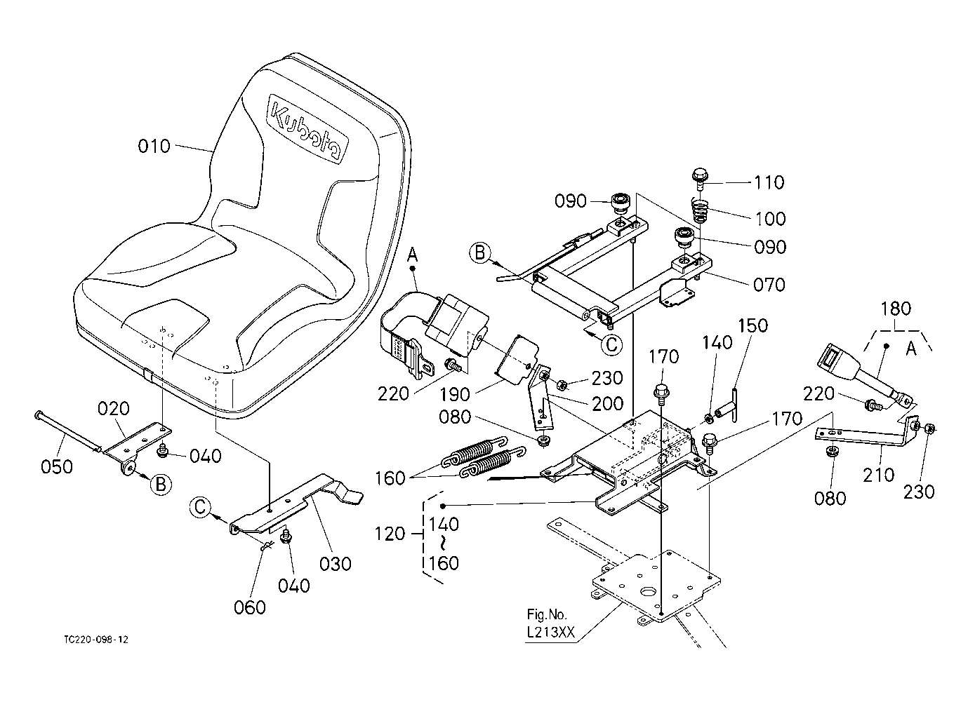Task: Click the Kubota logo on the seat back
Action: pyautogui.click(x=307, y=128)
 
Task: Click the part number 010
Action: pyautogui.click(x=154, y=147)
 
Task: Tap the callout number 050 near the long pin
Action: pyautogui.click(x=57, y=466)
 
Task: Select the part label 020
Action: pyautogui.click(x=113, y=408)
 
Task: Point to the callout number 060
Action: pyautogui.click(x=249, y=607)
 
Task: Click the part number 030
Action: pyautogui.click(x=336, y=564)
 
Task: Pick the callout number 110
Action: pyautogui.click(x=769, y=182)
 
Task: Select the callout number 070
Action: pyautogui.click(x=769, y=285)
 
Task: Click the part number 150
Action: pyautogui.click(x=752, y=325)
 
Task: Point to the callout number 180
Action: pyautogui.click(x=896, y=309)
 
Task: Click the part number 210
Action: pyautogui.click(x=879, y=475)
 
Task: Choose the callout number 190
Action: pyautogui.click(x=455, y=394)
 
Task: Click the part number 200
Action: pyautogui.click(x=608, y=404)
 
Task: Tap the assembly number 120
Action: pyautogui.click(x=390, y=534)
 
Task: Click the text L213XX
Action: pyautogui.click(x=551, y=633)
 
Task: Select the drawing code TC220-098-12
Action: pyautogui.click(x=96, y=640)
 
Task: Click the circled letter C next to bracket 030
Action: pyautogui.click(x=200, y=506)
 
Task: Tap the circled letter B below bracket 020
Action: pyautogui.click(x=161, y=484)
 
